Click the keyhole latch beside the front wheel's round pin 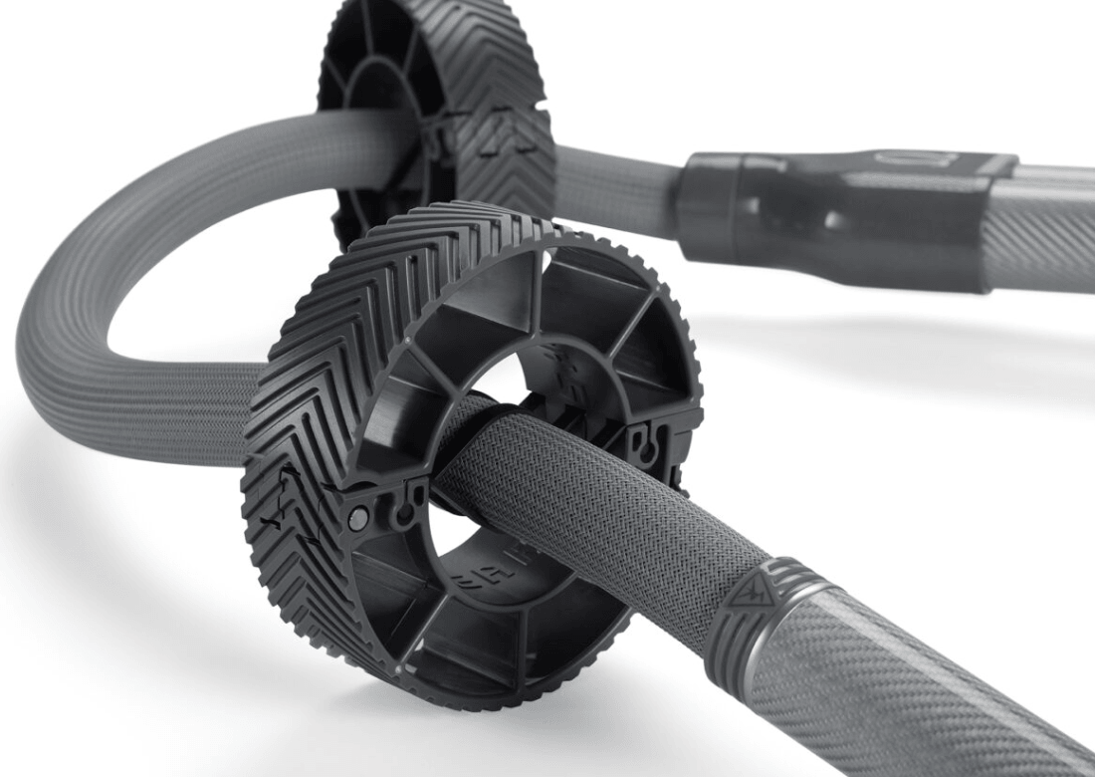(402, 510)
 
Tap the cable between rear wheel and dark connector (617, 184)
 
